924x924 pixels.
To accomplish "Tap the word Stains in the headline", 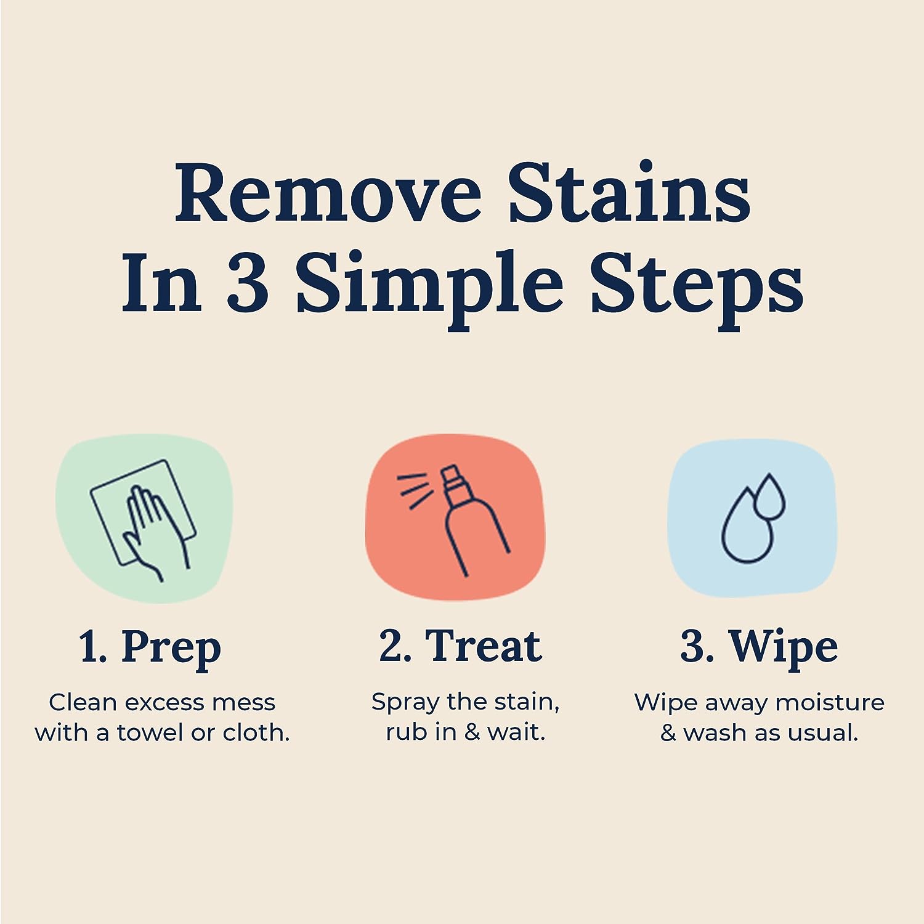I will [x=629, y=193].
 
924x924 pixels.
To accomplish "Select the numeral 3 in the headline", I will [x=248, y=284].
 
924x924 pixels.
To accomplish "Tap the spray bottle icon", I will [x=471, y=524].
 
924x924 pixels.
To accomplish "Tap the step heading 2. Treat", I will [x=460, y=647].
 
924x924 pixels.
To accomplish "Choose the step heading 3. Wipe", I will [x=759, y=647].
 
